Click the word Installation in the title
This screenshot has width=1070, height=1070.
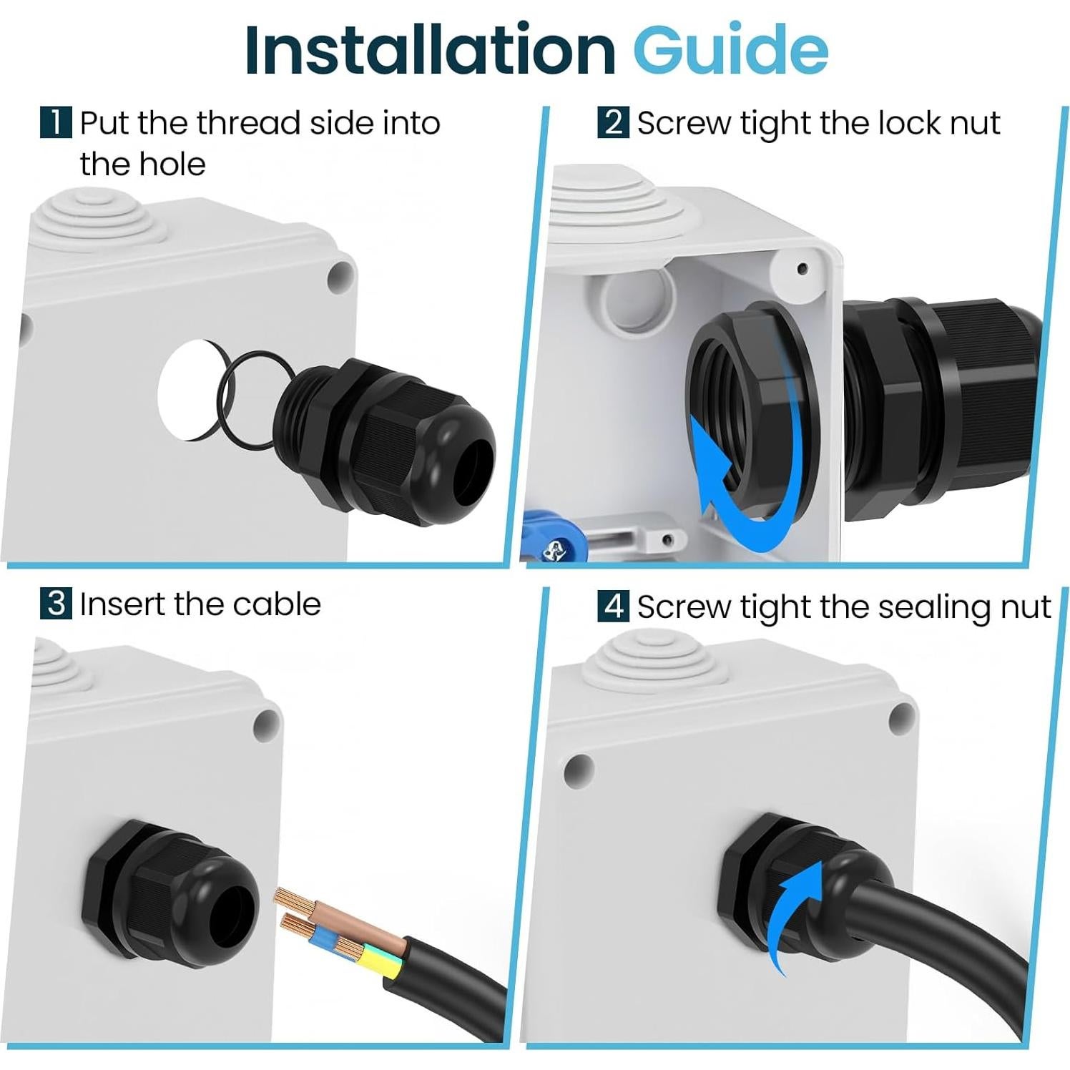pos(429,50)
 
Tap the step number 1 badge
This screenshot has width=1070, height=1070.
pos(56,122)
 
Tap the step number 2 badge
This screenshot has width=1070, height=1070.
pos(613,122)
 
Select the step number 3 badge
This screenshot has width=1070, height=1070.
pos(56,604)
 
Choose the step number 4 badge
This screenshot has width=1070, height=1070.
pos(613,606)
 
